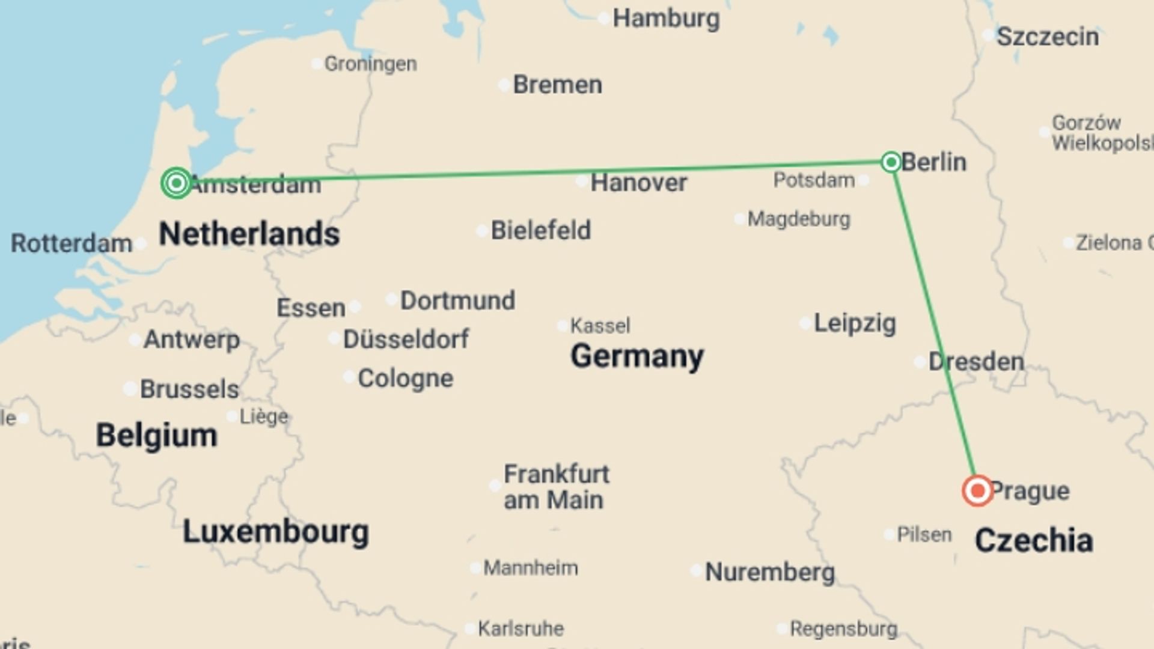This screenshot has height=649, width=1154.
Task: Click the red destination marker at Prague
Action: click(x=977, y=491)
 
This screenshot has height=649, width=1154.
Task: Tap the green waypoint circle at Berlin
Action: click(x=891, y=162)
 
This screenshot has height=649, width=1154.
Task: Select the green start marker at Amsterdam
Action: click(x=176, y=183)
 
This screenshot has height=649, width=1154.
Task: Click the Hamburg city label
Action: click(x=666, y=19)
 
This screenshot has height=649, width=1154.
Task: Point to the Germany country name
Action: click(x=637, y=356)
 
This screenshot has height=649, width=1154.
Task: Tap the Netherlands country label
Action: click(x=249, y=234)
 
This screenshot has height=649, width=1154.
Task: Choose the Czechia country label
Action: click(x=1033, y=540)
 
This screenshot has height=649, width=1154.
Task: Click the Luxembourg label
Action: click(x=275, y=532)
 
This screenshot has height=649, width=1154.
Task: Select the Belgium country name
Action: click(x=156, y=435)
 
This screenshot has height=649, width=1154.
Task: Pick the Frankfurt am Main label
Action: click(x=555, y=487)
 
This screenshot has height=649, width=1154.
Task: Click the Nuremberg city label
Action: click(x=769, y=572)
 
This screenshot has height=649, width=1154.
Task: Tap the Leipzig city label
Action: click(x=854, y=323)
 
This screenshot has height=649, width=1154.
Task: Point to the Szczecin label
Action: click(x=1048, y=37)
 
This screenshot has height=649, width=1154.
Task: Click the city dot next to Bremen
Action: click(x=504, y=85)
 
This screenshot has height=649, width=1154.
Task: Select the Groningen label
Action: click(x=370, y=64)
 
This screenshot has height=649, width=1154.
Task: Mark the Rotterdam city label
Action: click(x=72, y=244)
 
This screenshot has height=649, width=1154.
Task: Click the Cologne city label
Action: click(x=405, y=379)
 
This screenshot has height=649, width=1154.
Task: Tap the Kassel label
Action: click(x=600, y=326)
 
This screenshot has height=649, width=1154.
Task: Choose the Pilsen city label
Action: click(x=924, y=534)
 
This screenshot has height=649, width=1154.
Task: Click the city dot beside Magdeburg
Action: click(x=739, y=219)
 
